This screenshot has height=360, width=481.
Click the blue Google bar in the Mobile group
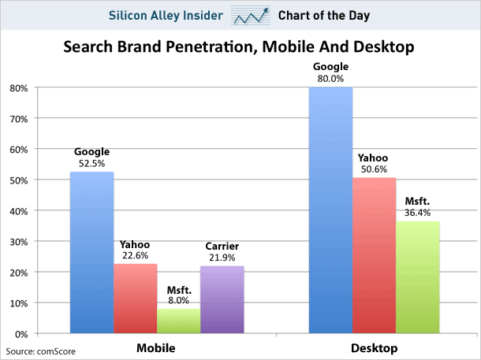click(91, 252)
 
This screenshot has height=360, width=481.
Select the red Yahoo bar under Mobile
click(135, 299)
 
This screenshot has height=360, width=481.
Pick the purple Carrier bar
click(222, 299)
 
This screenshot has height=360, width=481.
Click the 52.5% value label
click(92, 164)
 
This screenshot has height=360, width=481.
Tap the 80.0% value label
click(330, 79)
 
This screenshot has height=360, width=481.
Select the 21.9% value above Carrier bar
click(222, 258)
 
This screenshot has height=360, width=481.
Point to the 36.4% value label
click(417, 213)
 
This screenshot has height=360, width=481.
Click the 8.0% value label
click(178, 300)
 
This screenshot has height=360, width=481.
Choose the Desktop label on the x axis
click(373, 347)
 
